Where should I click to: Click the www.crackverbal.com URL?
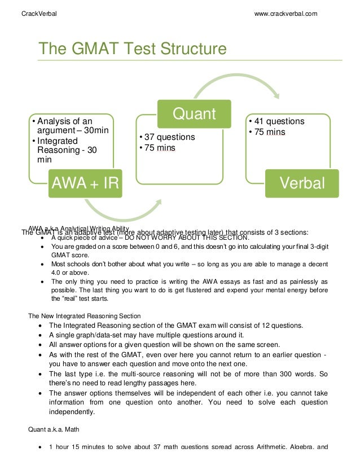[286, 13]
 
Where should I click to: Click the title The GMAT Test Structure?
[132, 49]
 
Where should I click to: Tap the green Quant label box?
[194, 114]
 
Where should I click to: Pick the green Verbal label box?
[302, 183]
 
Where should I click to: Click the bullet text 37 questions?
[169, 137]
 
